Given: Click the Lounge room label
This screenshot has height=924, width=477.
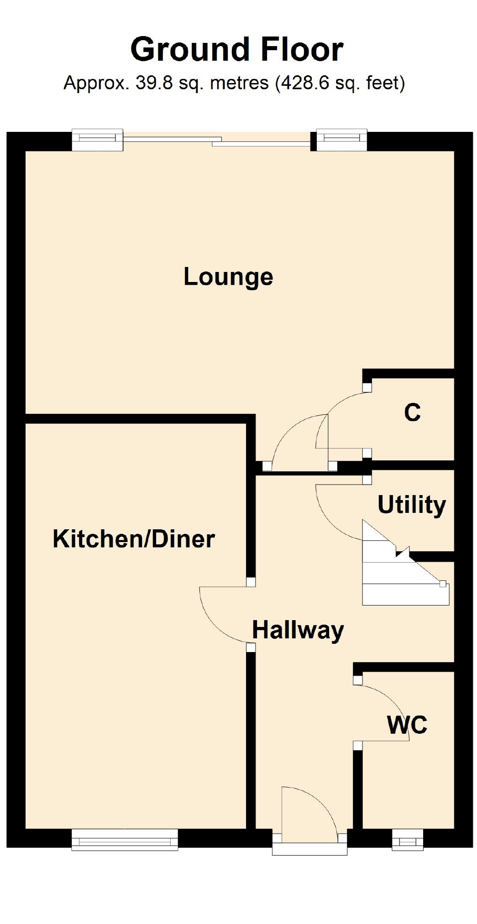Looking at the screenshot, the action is (x=228, y=277).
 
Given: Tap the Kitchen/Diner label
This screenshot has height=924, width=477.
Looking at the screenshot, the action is (x=134, y=539).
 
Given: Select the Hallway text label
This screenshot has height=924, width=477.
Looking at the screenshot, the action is (x=298, y=631).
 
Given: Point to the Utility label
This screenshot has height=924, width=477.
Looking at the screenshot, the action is (x=412, y=505).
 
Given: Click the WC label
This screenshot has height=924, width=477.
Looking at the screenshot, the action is (x=407, y=725).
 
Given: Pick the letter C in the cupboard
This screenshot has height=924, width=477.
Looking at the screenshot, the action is (x=412, y=412).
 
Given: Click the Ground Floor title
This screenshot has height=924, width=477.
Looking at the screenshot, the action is (x=237, y=49).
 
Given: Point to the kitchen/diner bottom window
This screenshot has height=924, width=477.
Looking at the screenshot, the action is (x=125, y=840).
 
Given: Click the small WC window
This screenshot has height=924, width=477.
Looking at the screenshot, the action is (x=408, y=840).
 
